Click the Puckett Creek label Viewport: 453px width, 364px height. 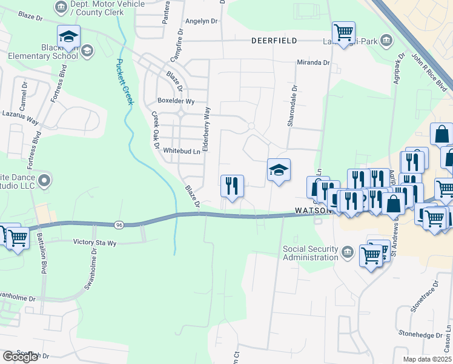coord(125,81)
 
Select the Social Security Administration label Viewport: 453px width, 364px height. coord(311,252)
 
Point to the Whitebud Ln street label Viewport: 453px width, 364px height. coord(181,151)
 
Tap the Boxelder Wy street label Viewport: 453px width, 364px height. coord(176,101)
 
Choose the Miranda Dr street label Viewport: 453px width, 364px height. coord(312,62)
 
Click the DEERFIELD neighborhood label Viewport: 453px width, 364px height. coord(274,41)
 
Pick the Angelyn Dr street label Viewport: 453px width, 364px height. coord(201,21)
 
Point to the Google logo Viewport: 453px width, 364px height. coord(20,357)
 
